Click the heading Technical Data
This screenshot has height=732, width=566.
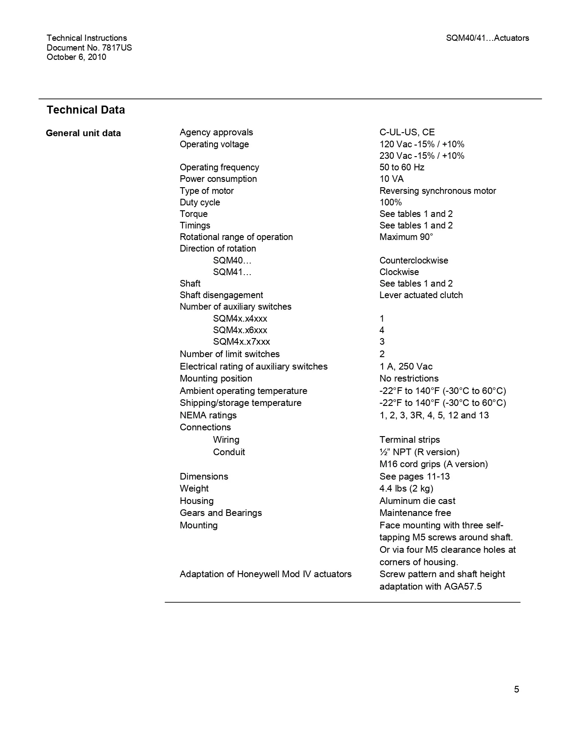click(86, 110)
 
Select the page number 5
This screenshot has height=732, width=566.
click(516, 689)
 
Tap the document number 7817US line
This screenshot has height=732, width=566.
click(89, 47)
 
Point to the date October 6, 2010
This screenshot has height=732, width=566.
click(76, 57)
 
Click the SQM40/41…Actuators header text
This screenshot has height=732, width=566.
click(487, 38)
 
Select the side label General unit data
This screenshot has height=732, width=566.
click(83, 133)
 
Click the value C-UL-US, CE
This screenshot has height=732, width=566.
click(407, 132)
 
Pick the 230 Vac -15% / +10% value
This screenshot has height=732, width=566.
click(422, 156)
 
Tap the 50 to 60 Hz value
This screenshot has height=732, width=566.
click(402, 167)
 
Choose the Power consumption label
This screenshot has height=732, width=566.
click(218, 179)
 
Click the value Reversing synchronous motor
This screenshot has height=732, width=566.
click(438, 191)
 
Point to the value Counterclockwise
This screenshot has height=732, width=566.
click(414, 260)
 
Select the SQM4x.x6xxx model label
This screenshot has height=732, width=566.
click(240, 330)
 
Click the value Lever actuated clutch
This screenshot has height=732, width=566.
click(421, 295)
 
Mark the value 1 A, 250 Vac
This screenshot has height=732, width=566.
click(406, 366)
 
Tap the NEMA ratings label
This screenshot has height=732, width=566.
click(208, 415)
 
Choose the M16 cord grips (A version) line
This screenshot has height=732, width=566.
click(433, 464)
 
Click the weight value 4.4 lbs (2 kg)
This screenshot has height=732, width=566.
click(406, 488)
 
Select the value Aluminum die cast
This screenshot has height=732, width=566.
click(417, 501)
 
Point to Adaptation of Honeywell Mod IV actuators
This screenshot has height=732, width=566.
click(265, 574)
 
